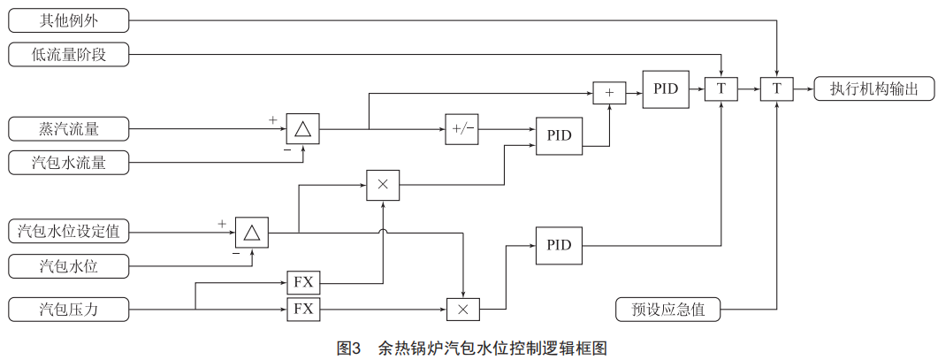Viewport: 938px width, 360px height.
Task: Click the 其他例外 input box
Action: (69, 19)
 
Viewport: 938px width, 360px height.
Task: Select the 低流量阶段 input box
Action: (69, 55)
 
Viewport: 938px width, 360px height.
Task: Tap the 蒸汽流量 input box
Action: (69, 129)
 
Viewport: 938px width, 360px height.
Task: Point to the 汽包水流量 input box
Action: (69, 162)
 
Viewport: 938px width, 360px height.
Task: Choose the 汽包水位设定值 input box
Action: (69, 233)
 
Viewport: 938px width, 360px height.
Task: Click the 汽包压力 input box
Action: (69, 310)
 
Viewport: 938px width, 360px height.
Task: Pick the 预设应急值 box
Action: (667, 310)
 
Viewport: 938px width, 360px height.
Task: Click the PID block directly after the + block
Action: (665, 88)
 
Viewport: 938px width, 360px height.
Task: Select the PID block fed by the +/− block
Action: (559, 135)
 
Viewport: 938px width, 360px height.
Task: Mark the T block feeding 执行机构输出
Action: (776, 88)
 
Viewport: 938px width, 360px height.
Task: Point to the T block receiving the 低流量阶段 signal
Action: (721, 88)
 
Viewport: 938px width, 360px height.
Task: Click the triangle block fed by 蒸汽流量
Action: (302, 129)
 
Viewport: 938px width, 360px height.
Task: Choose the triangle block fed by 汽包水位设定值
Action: (251, 233)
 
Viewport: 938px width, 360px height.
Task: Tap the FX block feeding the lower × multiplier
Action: (303, 310)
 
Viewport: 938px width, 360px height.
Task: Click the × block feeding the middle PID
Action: (383, 184)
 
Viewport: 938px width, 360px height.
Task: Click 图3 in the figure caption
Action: (351, 348)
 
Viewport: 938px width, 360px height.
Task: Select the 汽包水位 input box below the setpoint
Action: (69, 264)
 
